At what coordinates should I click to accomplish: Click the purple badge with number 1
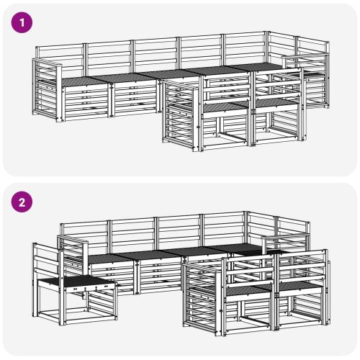(22, 22)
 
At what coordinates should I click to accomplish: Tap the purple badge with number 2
(22, 202)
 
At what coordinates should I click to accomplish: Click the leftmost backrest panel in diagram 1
(60, 60)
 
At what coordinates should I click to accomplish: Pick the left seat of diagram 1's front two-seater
(225, 107)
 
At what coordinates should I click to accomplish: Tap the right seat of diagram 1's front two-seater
(276, 102)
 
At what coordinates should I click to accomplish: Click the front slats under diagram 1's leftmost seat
(86, 102)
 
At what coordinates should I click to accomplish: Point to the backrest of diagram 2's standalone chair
(47, 261)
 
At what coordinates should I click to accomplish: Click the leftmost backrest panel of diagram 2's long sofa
(84, 234)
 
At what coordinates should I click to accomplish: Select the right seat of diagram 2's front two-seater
(300, 287)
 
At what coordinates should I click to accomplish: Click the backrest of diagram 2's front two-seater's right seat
(302, 266)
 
